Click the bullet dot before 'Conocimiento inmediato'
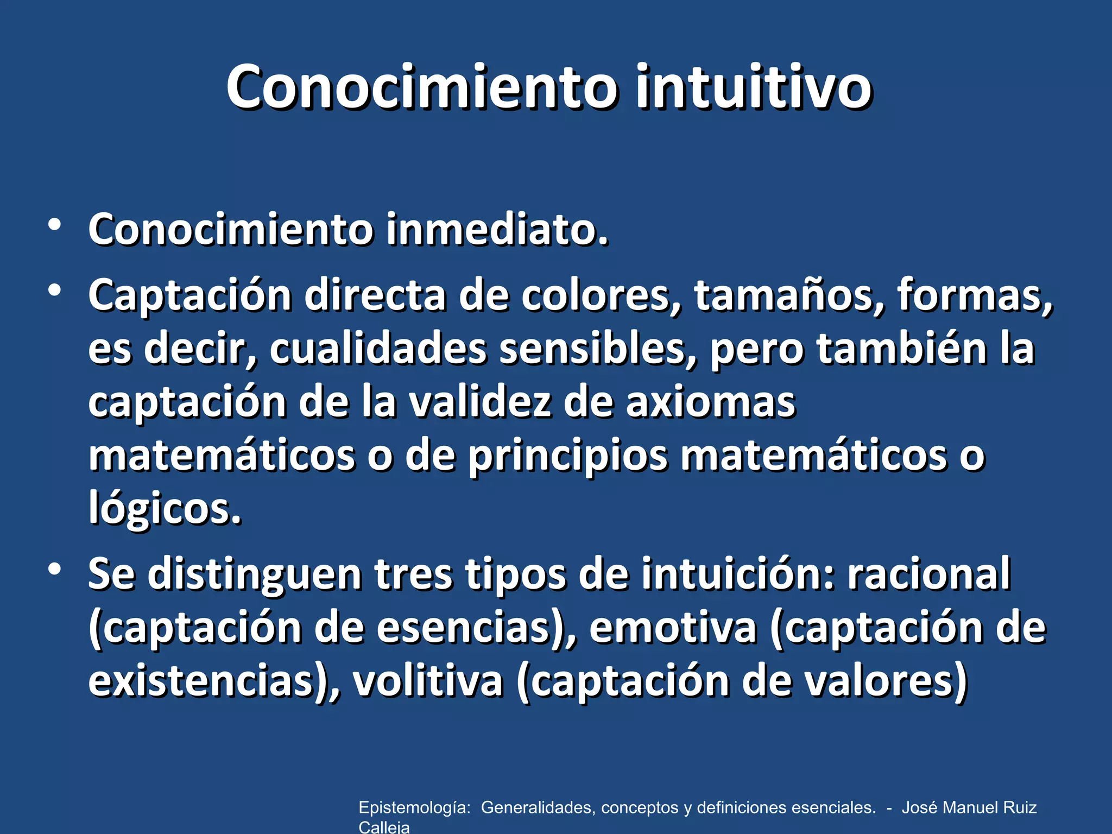54,225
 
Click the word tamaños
789,296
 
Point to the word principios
568,457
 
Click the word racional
929,574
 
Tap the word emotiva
673,628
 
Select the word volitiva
428,681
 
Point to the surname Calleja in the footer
384,827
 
